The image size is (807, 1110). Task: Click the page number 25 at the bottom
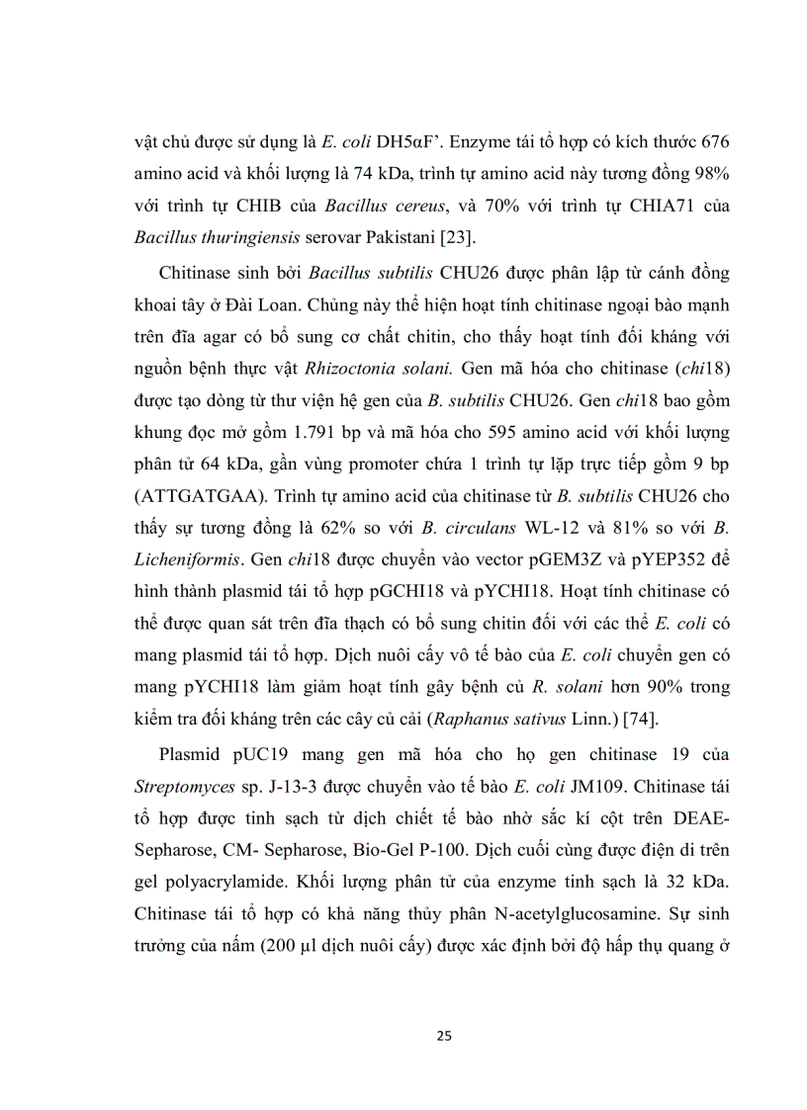click(x=444, y=1036)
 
